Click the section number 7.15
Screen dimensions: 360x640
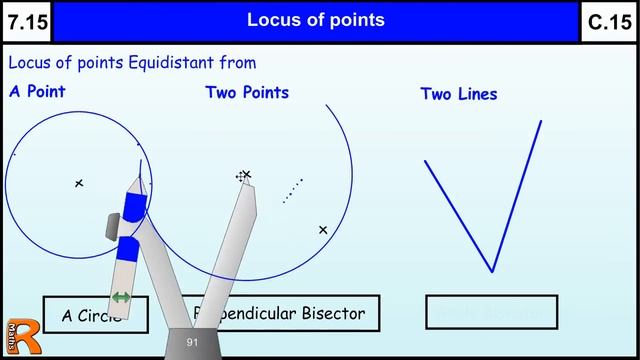(x=25, y=22)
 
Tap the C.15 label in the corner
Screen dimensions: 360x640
(x=610, y=22)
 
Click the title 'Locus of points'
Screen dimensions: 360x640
(x=315, y=20)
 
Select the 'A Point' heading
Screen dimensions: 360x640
(x=37, y=91)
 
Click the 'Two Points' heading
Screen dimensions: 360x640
(x=247, y=92)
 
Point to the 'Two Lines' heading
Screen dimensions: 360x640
(x=458, y=94)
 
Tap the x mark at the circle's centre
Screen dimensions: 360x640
(x=79, y=183)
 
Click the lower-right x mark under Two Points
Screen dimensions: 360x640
(x=323, y=230)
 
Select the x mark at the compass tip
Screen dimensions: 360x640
(x=245, y=175)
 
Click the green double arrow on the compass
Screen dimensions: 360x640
(x=121, y=297)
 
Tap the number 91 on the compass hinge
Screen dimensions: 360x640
(x=192, y=343)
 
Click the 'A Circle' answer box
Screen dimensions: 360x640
(x=95, y=315)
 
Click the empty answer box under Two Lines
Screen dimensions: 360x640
(x=491, y=313)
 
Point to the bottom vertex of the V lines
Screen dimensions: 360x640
(x=491, y=270)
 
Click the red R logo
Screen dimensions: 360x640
(x=17, y=341)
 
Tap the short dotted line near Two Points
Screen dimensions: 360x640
(x=292, y=190)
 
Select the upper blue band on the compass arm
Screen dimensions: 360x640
(x=135, y=205)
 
